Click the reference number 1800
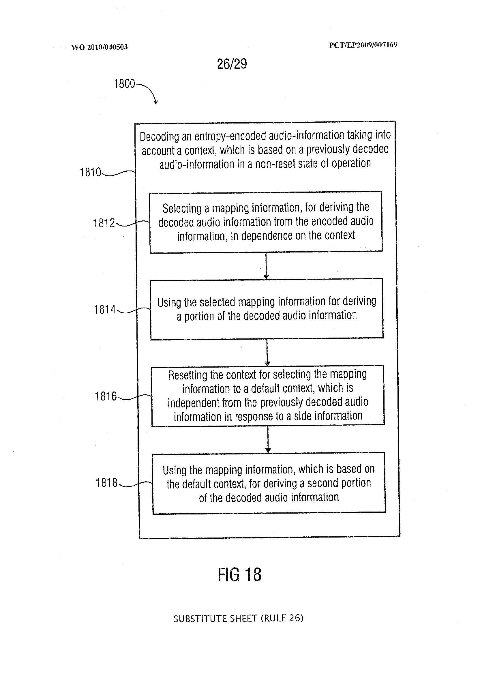[x=124, y=84]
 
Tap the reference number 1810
[x=91, y=172]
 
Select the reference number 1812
[x=104, y=223]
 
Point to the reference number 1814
[x=105, y=310]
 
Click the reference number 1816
[x=106, y=396]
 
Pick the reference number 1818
[x=107, y=483]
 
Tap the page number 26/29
[x=232, y=64]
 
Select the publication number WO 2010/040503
[x=99, y=47]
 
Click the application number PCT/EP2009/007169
[x=363, y=45]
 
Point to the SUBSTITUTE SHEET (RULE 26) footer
[x=238, y=618]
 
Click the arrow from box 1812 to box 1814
[x=266, y=265]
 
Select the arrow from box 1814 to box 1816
[x=267, y=352]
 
